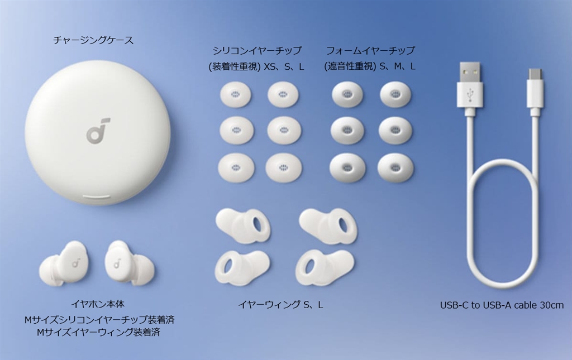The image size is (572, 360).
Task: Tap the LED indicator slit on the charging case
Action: click(x=98, y=197)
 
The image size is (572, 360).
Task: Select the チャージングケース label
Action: click(x=93, y=40)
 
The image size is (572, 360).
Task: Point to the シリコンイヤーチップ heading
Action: click(x=257, y=50)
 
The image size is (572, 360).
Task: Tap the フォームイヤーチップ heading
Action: click(x=370, y=50)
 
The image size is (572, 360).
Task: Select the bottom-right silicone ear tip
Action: click(x=283, y=167)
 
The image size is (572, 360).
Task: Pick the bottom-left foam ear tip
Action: click(x=347, y=167)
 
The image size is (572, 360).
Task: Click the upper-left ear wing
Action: click(x=244, y=223)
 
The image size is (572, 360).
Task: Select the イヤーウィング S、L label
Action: click(x=280, y=305)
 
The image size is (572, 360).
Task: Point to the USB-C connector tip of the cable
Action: click(x=535, y=74)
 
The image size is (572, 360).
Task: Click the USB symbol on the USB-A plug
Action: click(x=470, y=94)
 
